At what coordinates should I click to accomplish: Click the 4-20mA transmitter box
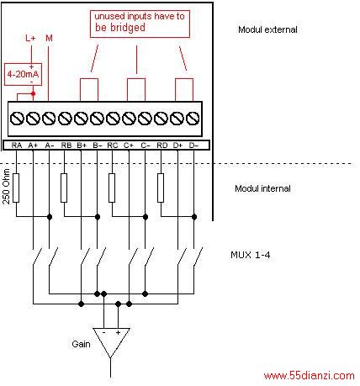pyautogui.click(x=23, y=74)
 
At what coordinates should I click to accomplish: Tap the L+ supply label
pyautogui.click(x=30, y=38)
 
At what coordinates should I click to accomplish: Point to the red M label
pyautogui.click(x=49, y=38)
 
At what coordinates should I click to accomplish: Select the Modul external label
pyautogui.click(x=267, y=29)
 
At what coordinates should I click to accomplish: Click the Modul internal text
pyautogui.click(x=262, y=188)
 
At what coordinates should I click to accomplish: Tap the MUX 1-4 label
pyautogui.click(x=251, y=255)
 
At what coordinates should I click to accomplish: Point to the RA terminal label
pyautogui.click(x=17, y=145)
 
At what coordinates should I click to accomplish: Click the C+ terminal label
pyautogui.click(x=129, y=145)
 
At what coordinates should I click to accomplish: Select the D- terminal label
pyautogui.click(x=193, y=145)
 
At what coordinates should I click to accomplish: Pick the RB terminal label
pyautogui.click(x=66, y=145)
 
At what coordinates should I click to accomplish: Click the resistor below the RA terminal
pyautogui.click(x=16, y=188)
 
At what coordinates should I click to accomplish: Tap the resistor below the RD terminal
pyautogui.click(x=161, y=188)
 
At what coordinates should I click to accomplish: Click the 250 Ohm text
pyautogui.click(x=6, y=187)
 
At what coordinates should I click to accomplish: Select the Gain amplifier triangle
pyautogui.click(x=111, y=342)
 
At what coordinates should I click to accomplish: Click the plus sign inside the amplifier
pyautogui.click(x=118, y=332)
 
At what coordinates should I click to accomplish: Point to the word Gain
pyautogui.click(x=81, y=344)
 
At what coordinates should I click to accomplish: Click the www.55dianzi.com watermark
pyautogui.click(x=310, y=376)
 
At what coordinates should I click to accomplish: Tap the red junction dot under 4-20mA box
pyautogui.click(x=33, y=93)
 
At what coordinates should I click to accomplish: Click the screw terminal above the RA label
pyautogui.click(x=17, y=118)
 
